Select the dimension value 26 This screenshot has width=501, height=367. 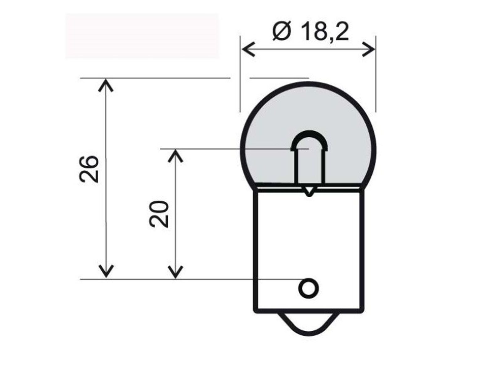click(x=89, y=169)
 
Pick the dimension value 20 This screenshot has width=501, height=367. click(x=158, y=214)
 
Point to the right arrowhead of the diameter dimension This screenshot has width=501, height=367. click(x=369, y=49)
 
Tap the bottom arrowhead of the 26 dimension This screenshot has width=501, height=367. click(x=106, y=271)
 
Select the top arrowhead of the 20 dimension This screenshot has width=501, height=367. click(x=176, y=156)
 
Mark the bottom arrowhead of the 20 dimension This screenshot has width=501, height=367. click(x=176, y=272)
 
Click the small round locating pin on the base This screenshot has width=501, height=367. click(x=309, y=288)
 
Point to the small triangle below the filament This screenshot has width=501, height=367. click(x=309, y=191)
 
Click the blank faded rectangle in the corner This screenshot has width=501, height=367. click(x=142, y=36)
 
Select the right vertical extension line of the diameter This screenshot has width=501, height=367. click(x=376, y=74)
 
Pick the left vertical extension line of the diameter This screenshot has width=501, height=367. click(x=240, y=74)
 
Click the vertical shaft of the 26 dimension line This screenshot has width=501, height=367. click(x=106, y=178)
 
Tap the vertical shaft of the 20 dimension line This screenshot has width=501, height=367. click(x=176, y=214)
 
